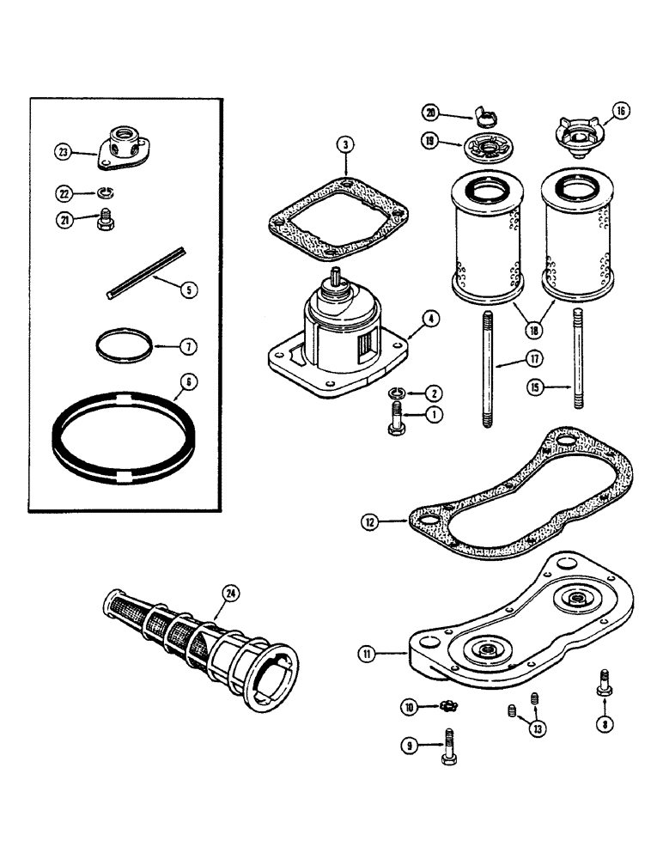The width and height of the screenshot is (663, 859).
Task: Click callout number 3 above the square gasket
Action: pos(343,144)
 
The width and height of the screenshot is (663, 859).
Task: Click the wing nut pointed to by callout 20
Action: pos(483,116)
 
